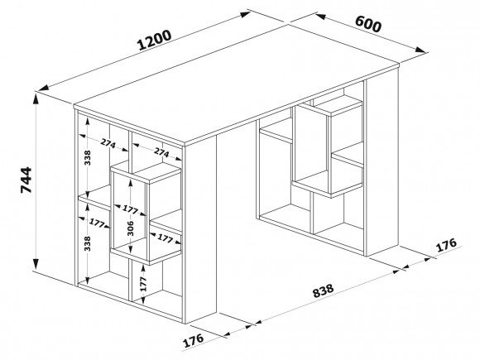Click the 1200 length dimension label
tap(154, 40)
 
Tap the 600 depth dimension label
tap(368, 24)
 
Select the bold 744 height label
tap(26, 180)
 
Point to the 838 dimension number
tap(323, 290)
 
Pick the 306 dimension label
tap(131, 228)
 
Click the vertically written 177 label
tap(143, 284)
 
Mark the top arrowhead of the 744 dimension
tap(36, 99)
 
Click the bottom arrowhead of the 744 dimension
tap(36, 263)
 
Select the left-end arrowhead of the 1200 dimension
tap(43, 88)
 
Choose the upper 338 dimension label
tap(88, 157)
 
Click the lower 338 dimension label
tap(88, 243)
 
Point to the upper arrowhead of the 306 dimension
tap(131, 184)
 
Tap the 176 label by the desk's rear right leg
tap(446, 245)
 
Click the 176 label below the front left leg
tap(193, 340)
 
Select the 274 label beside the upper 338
tap(108, 143)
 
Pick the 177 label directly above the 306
tap(131, 209)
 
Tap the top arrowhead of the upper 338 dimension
tap(88, 122)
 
